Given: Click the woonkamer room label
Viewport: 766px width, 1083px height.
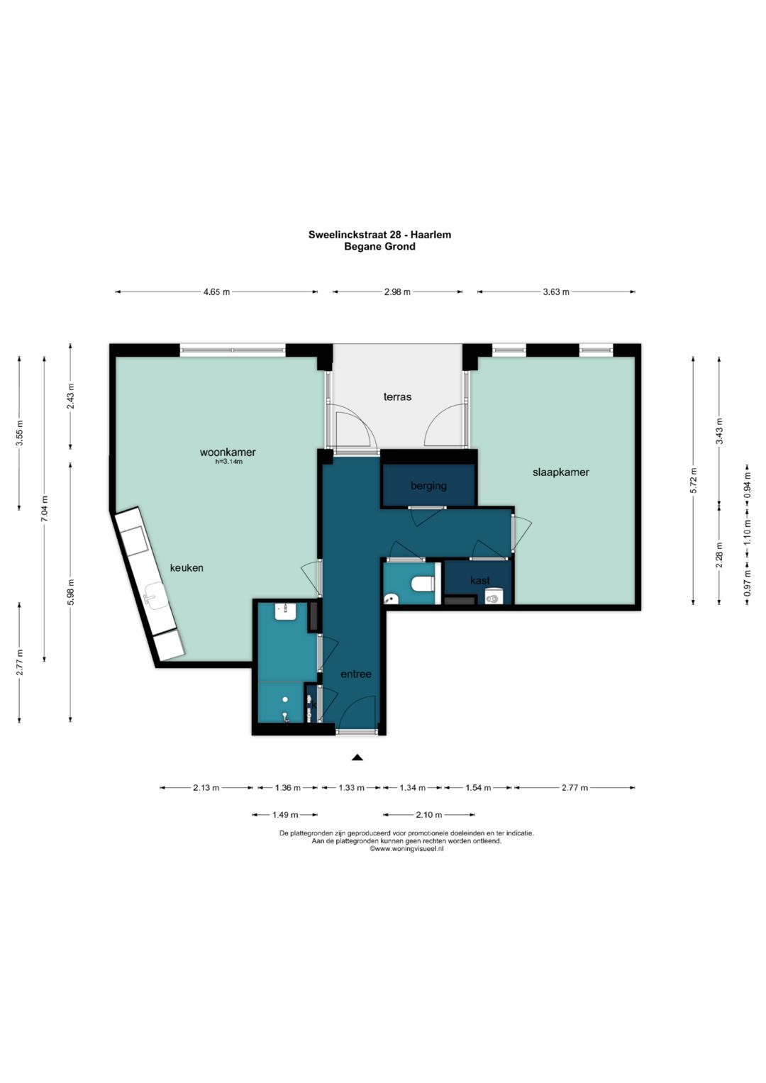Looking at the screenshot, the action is coord(228,452).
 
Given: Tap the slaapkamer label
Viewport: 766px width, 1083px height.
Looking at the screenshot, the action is coord(561,472).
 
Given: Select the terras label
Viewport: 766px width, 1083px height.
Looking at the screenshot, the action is coord(397,396).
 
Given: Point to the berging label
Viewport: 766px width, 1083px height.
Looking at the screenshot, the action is coord(428,485).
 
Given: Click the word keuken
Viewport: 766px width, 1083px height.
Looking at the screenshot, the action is coord(187,567).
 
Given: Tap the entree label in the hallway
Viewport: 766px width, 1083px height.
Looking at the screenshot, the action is coord(356,674).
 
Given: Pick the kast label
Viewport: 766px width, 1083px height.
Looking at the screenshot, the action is coord(480,580).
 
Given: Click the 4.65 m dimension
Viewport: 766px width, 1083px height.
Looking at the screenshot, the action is coord(216,291).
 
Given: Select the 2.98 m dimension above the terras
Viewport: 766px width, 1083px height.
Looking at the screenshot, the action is coord(397,291).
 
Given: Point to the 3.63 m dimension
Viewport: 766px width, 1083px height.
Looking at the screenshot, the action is coord(556,291).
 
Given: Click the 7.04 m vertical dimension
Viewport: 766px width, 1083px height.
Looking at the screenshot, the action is coord(45,509).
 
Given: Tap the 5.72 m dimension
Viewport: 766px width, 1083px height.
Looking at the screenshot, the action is coord(694,481).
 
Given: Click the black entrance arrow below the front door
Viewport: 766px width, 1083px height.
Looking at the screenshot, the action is coord(357,757).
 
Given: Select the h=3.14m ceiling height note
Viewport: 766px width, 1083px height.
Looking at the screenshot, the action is coord(228,462).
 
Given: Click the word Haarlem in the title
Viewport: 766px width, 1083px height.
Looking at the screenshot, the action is coord(434,235).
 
